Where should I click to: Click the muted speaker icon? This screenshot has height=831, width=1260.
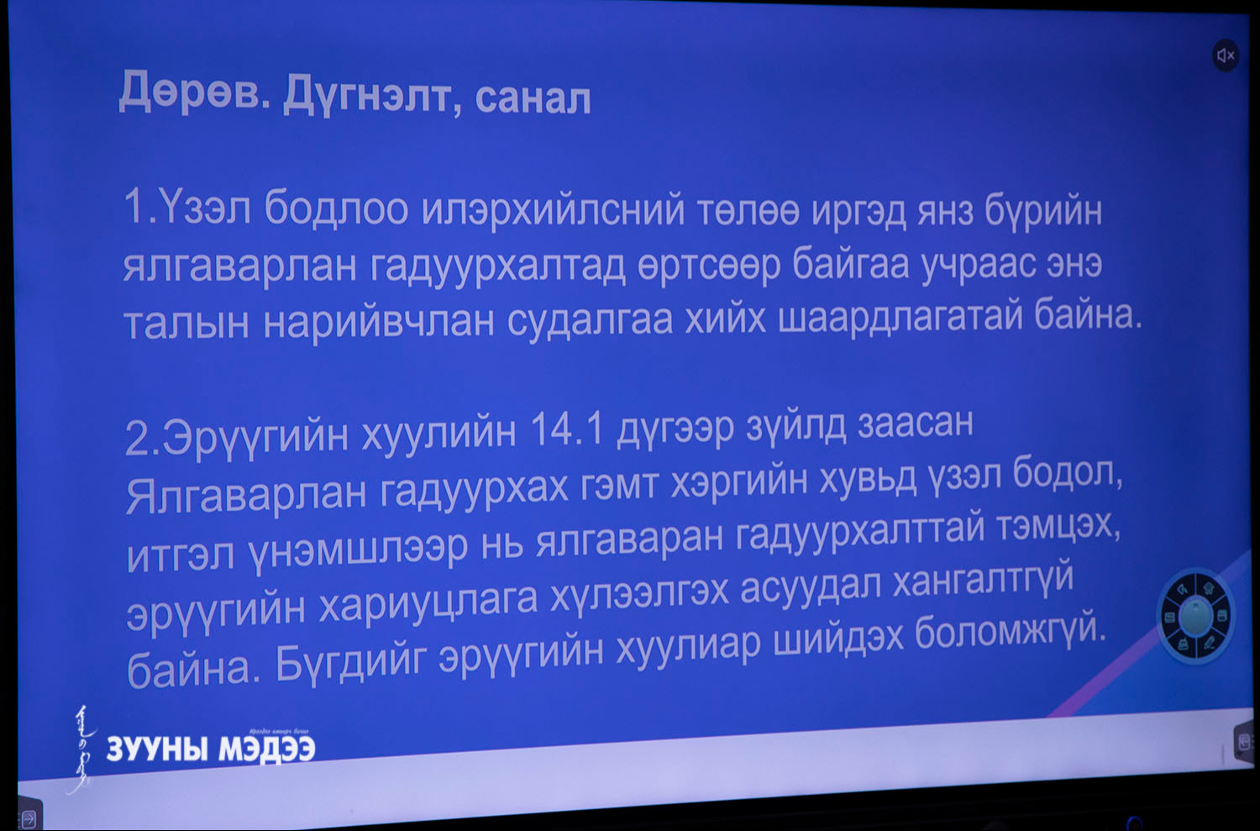click(x=1225, y=55)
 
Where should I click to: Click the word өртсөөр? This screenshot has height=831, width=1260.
click(x=708, y=265)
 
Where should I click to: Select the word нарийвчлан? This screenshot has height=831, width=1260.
click(x=379, y=323)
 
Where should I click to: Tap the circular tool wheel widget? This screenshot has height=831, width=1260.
click(x=1195, y=616)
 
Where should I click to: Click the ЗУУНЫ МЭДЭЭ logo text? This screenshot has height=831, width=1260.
click(x=211, y=749)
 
